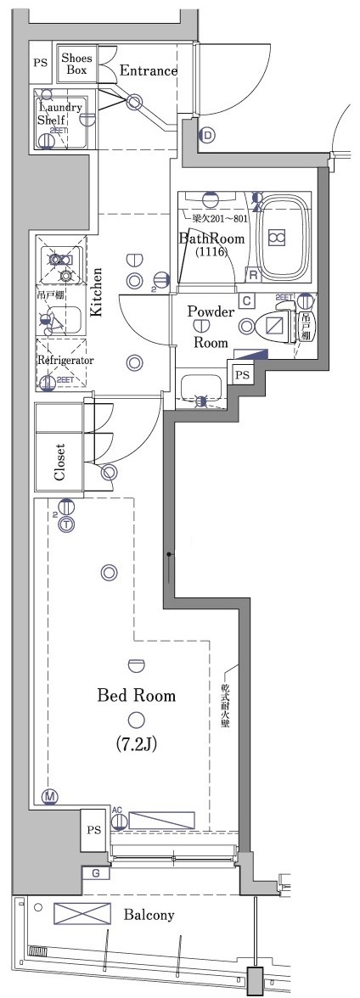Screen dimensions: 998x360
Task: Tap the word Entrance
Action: point(148,71)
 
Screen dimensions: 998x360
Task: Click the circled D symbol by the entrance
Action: point(207,134)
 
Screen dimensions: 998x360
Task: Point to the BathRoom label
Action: point(211,238)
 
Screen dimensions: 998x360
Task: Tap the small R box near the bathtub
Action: point(252,273)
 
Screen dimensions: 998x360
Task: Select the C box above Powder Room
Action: point(245,300)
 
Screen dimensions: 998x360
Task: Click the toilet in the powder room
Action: point(277,325)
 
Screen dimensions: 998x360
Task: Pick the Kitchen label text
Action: point(97,291)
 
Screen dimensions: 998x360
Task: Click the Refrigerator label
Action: point(65,360)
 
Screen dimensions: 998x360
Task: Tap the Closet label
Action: point(59,461)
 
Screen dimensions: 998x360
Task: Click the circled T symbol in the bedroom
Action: point(66,524)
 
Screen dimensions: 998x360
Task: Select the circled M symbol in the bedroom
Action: point(50,796)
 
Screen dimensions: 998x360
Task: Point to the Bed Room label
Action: point(136,696)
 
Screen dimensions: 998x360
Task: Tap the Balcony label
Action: point(149,915)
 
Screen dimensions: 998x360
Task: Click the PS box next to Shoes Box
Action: point(40,63)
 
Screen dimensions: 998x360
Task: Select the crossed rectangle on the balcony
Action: point(82,914)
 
